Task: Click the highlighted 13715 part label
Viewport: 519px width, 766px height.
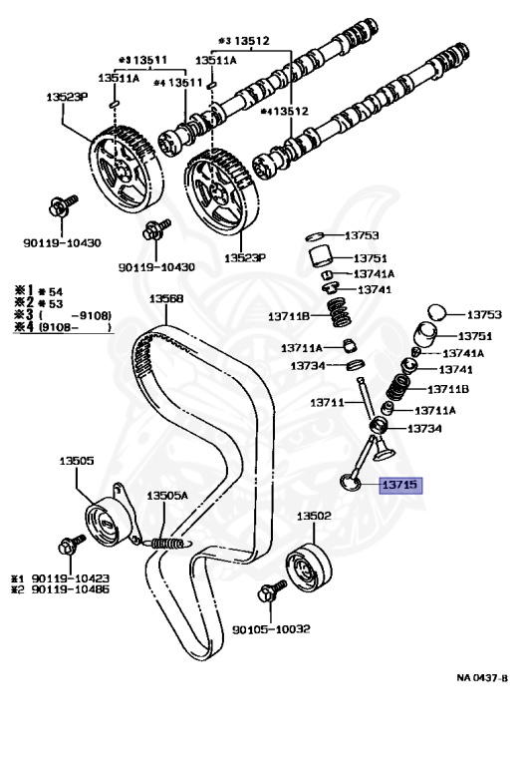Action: click(400, 486)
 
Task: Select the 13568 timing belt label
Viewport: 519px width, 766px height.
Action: click(166, 298)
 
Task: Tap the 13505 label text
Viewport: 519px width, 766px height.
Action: click(76, 461)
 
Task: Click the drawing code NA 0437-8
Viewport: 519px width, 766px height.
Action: click(482, 677)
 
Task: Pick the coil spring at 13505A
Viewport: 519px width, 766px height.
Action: click(169, 543)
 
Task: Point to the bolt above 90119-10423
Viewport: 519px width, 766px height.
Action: click(70, 546)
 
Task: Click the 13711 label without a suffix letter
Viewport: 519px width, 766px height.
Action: click(326, 403)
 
